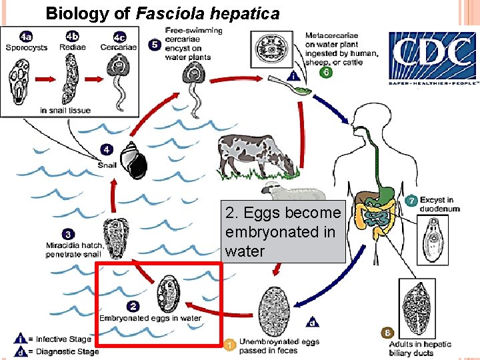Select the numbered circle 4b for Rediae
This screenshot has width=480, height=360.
[71, 36]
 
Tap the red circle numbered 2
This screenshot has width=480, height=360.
[133, 306]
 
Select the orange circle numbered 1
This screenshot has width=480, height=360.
[229, 345]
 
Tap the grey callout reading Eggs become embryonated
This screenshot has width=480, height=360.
[283, 232]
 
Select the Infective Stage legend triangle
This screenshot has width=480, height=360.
[20, 340]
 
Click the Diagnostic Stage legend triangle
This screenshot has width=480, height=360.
[20, 351]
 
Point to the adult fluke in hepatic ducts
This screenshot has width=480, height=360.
[417, 303]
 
